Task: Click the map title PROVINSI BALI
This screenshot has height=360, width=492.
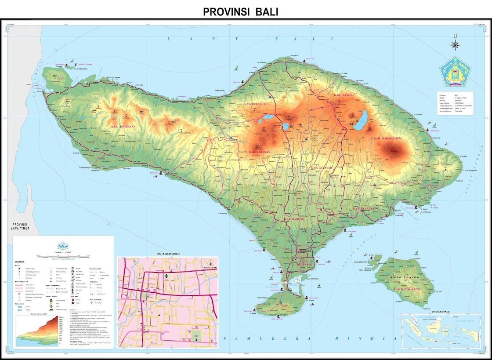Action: coord(240,12)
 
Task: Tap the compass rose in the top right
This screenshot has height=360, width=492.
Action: coord(455,44)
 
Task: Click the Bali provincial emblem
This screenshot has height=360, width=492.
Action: coord(455,72)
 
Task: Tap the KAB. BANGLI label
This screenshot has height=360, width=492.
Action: coord(344,95)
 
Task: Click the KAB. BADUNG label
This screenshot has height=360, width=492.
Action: coord(295,218)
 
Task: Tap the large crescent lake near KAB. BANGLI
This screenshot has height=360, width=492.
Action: coord(362,121)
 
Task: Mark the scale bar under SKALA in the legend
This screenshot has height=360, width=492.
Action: coord(63,255)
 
